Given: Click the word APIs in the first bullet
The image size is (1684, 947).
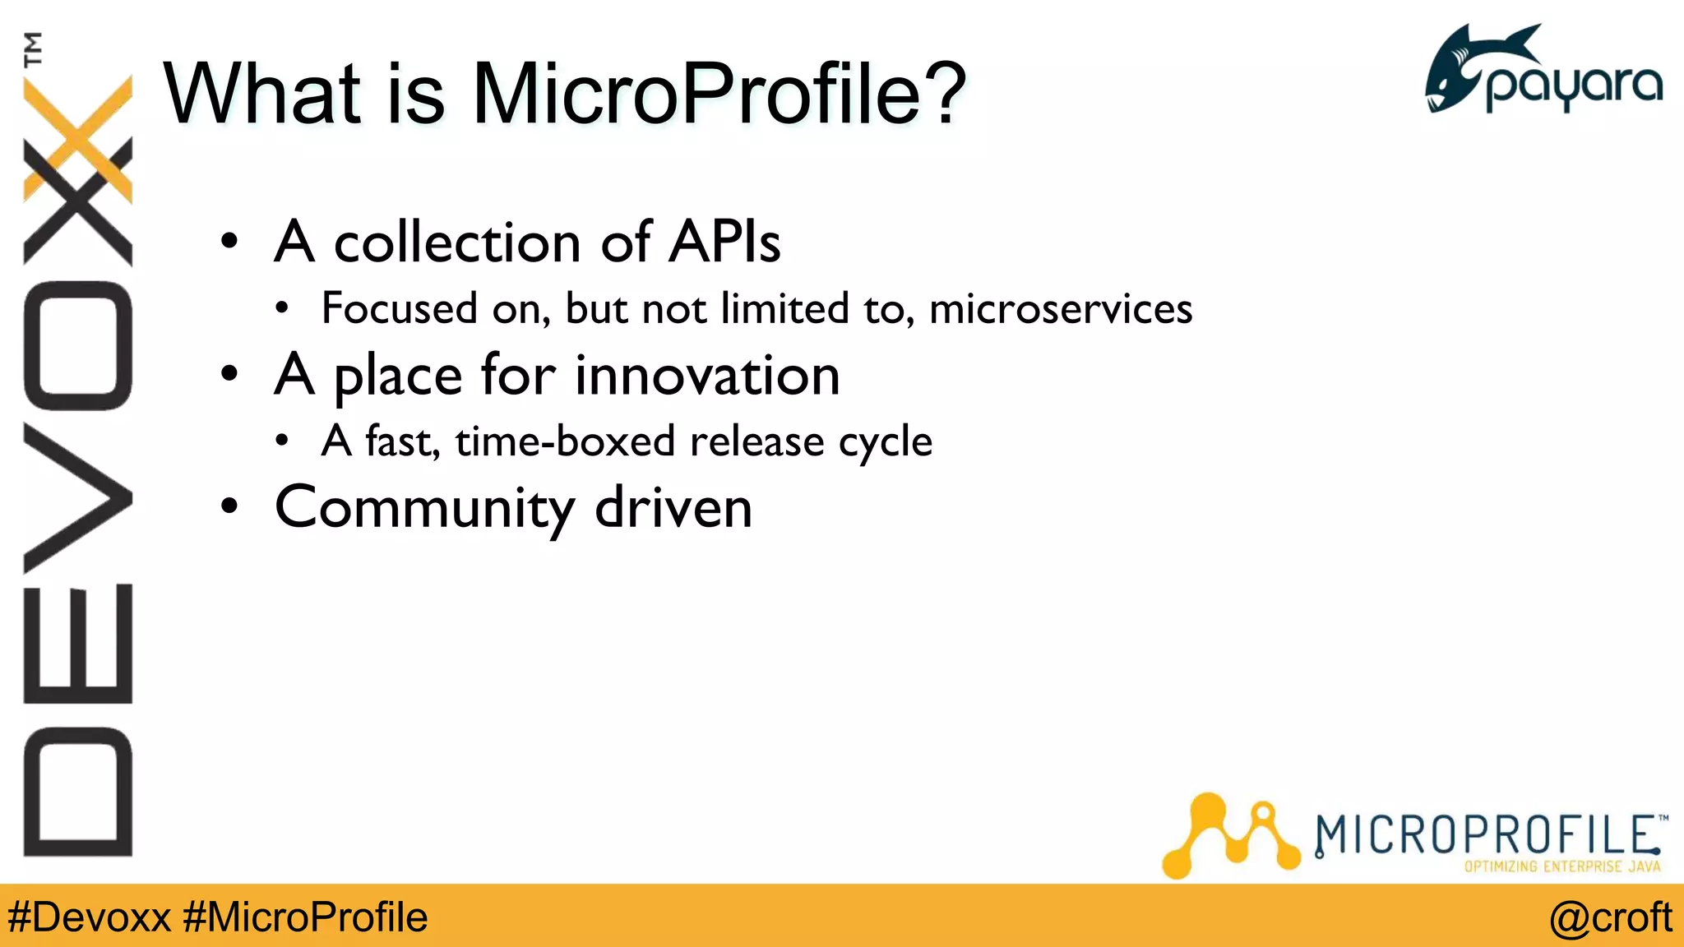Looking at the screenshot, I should click(724, 243).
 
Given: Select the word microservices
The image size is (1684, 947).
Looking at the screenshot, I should click(1061, 309).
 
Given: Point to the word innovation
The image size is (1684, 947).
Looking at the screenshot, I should click(707, 376).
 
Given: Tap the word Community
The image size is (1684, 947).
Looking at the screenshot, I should click(424, 508).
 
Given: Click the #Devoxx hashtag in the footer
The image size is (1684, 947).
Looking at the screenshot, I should click(89, 917).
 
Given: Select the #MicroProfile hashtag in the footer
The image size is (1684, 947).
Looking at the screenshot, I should click(305, 917).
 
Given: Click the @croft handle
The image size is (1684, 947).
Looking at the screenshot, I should click(1610, 917).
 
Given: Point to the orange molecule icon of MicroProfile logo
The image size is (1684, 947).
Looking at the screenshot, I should click(1229, 834).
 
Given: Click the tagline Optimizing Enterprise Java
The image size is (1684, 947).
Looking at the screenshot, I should click(1561, 866).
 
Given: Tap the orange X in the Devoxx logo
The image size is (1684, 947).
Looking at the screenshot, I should click(78, 140).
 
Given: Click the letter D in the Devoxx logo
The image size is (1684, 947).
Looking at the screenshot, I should click(78, 791).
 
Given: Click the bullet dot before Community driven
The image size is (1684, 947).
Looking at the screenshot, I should click(229, 508).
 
